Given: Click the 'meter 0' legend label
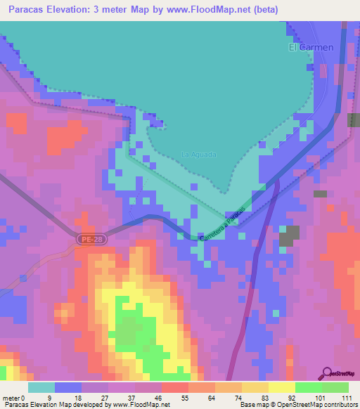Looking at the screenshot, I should (15, 398).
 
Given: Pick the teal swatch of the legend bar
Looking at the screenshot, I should (41, 387).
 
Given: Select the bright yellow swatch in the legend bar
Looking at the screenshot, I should (281, 387).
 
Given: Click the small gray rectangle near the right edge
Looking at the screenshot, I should (321, 193).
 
